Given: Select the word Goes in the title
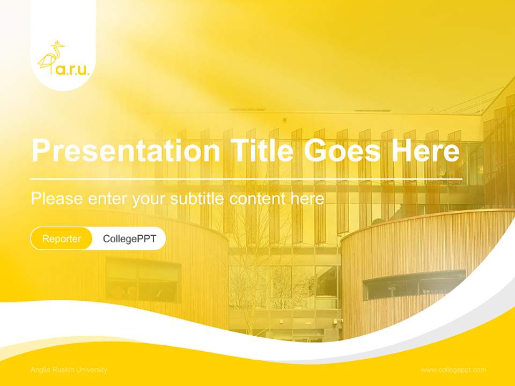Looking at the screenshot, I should pyautogui.click(x=340, y=151).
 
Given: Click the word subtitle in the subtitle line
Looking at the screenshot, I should pyautogui.click(x=197, y=199).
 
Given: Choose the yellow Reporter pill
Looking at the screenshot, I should pyautogui.click(x=61, y=239).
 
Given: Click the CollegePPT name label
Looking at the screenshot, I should pyautogui.click(x=129, y=239).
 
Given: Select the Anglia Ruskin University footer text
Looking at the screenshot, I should pyautogui.click(x=69, y=370).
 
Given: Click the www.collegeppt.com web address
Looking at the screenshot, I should pyautogui.click(x=453, y=370).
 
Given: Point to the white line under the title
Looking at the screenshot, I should pyautogui.click(x=246, y=179).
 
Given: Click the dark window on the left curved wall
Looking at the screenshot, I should pyautogui.click(x=143, y=280).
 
